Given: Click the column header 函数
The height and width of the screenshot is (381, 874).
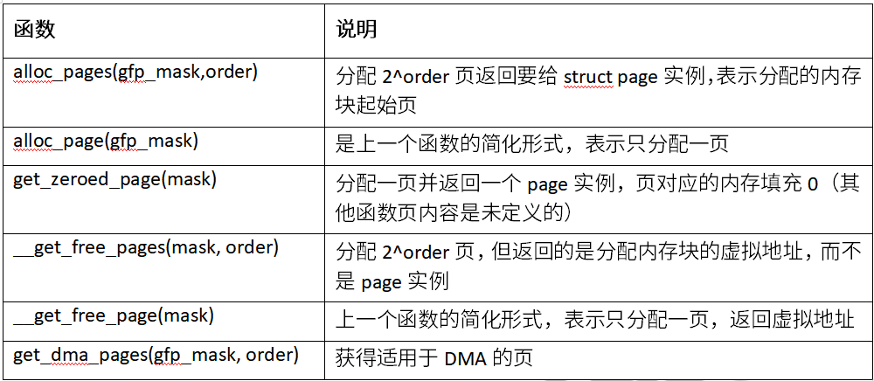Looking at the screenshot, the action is (35, 30).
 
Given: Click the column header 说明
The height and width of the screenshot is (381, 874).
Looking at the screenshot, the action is (357, 30).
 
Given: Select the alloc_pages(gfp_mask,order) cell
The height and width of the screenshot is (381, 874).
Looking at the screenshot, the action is (135, 73).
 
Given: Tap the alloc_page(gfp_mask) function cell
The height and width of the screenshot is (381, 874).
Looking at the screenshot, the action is (106, 142).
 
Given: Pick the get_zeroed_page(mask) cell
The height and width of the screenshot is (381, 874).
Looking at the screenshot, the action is (114, 182).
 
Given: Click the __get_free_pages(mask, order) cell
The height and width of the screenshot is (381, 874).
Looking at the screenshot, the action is (145, 248).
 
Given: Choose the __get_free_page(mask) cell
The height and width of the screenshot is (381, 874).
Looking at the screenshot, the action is (114, 315).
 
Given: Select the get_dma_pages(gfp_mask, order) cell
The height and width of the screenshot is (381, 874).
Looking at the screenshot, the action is (156, 356).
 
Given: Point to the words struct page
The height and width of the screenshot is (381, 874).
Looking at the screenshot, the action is (611, 78).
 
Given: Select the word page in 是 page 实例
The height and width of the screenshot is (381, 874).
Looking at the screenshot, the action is (381, 282).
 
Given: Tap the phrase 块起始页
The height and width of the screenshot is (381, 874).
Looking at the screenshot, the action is (376, 106).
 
